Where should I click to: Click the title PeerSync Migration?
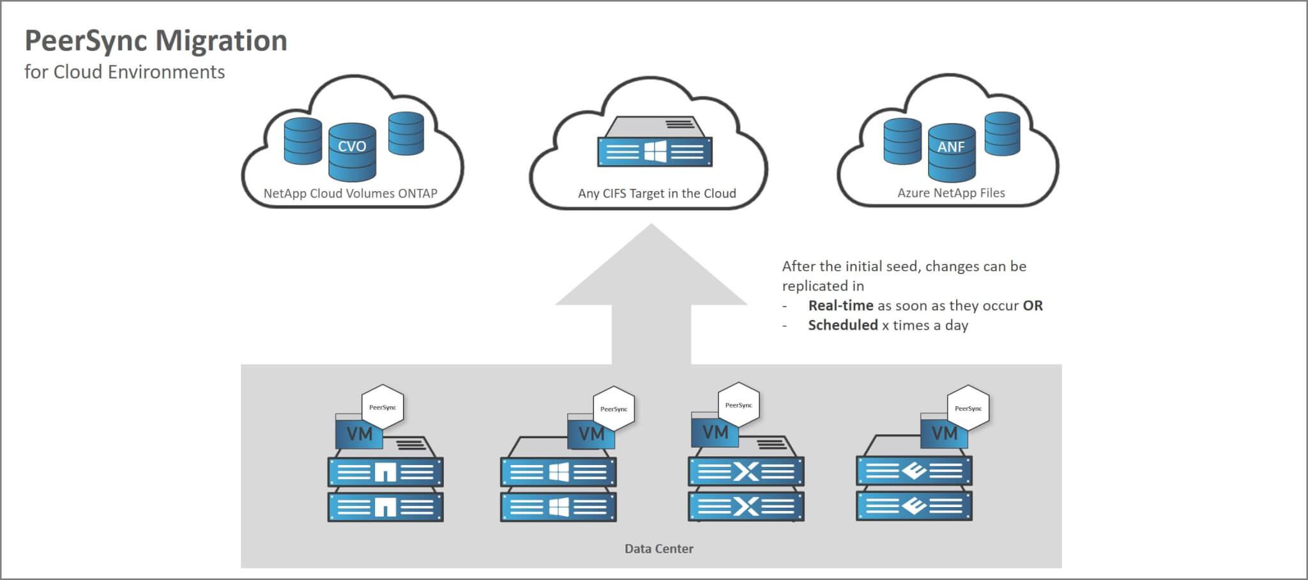tap(156, 41)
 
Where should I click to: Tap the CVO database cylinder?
tap(352, 151)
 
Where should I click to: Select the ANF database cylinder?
tap(951, 152)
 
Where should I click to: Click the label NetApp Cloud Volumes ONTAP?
tap(350, 194)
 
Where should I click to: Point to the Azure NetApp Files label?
tap(951, 193)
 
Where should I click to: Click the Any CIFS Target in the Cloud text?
tap(657, 194)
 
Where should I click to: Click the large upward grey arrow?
tap(651, 294)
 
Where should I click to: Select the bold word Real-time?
tap(840, 306)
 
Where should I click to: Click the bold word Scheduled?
tap(842, 325)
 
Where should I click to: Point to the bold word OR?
tap(1032, 306)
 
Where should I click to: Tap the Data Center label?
tap(658, 549)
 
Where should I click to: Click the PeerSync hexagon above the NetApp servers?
tap(383, 407)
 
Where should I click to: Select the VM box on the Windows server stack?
tap(591, 434)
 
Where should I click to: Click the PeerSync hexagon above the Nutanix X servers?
tap(738, 405)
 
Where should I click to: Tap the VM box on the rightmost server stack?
tap(944, 433)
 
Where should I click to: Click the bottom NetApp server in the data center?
tap(385, 507)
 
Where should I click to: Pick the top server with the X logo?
tap(745, 472)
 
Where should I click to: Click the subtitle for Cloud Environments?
tap(125, 72)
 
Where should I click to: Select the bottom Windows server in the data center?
tap(558, 507)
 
